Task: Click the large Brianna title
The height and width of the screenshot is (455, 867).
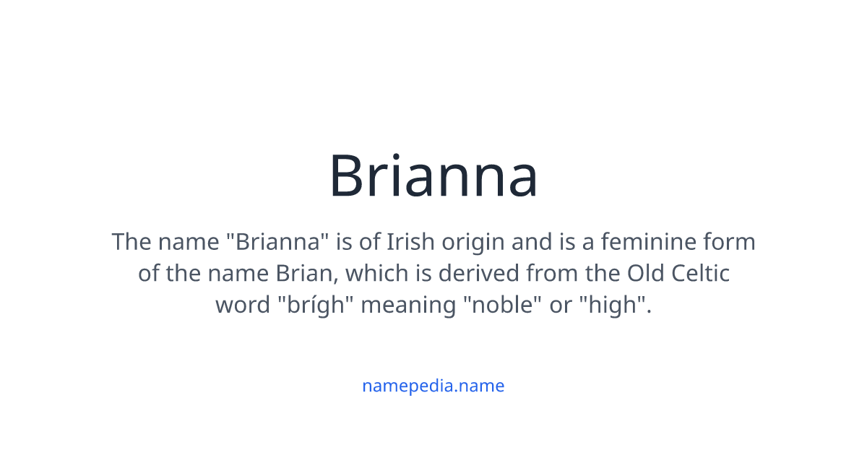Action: click(433, 176)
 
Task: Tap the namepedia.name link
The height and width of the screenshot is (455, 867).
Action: click(433, 386)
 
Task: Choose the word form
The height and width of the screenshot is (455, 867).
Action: click(731, 241)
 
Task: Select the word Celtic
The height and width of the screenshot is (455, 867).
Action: click(700, 273)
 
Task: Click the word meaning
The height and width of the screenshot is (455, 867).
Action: click(408, 306)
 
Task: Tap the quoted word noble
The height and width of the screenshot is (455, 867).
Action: click(503, 305)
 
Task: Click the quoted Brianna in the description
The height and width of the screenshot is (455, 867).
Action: click(279, 241)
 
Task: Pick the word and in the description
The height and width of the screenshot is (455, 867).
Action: click(531, 241)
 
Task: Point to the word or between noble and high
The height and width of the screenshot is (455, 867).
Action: click(561, 306)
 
